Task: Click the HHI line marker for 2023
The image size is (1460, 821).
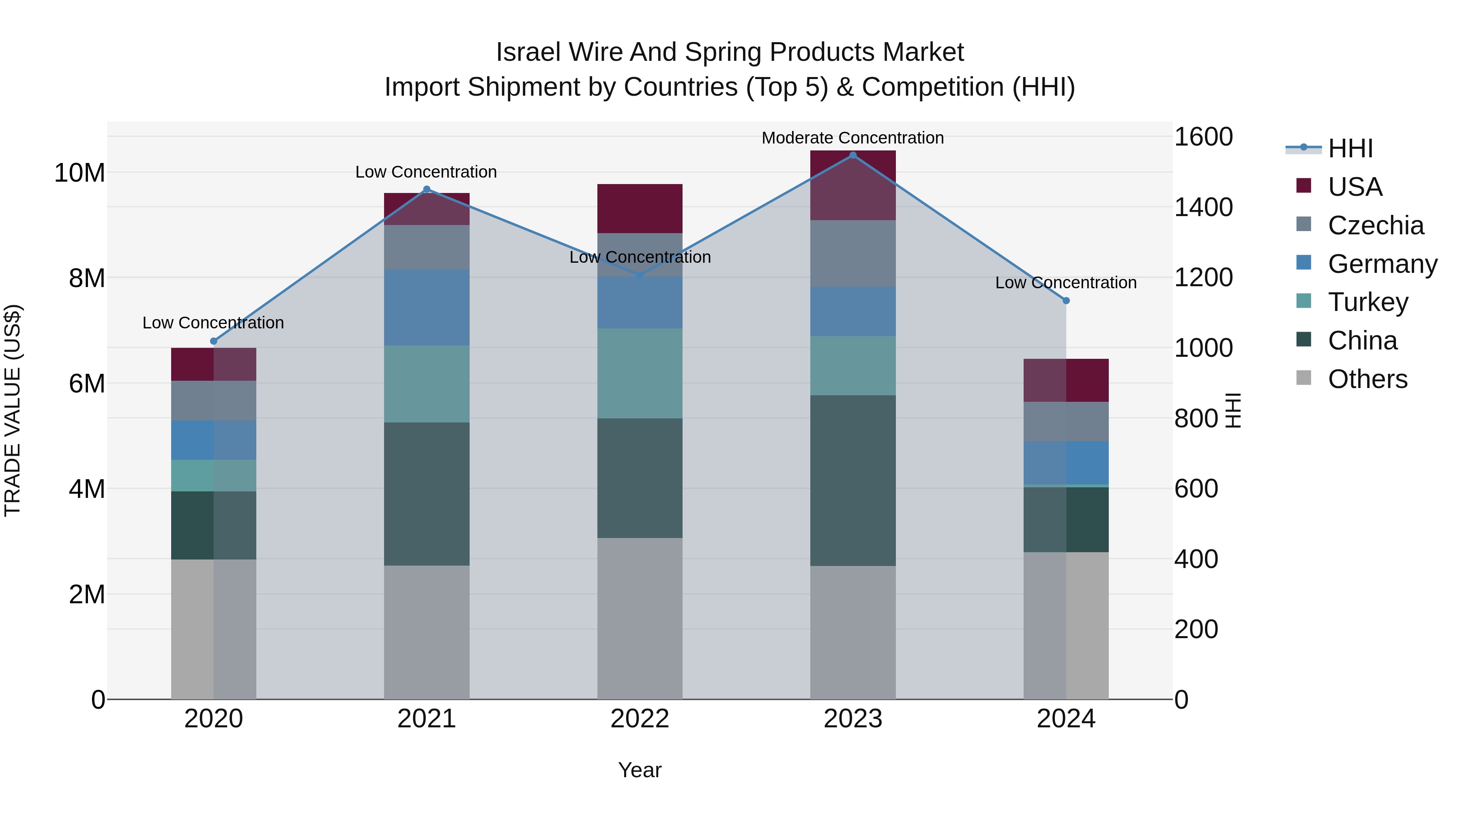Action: coord(852,155)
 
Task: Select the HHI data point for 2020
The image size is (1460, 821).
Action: coord(214,341)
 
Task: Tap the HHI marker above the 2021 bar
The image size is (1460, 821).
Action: coord(427,189)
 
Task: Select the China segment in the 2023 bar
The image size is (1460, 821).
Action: coord(852,480)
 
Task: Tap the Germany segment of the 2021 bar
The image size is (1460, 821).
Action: coord(427,308)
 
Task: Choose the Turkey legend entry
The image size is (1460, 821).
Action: coord(1368,302)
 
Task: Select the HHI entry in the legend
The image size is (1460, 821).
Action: coord(1350,148)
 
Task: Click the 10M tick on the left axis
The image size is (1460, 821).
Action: coord(79,173)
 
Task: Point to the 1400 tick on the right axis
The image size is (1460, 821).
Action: coord(1203,207)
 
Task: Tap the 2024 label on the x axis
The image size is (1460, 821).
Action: coord(1065,719)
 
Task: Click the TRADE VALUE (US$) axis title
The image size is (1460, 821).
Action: coord(13,410)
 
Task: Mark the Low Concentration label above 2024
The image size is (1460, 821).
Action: coord(1065,283)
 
